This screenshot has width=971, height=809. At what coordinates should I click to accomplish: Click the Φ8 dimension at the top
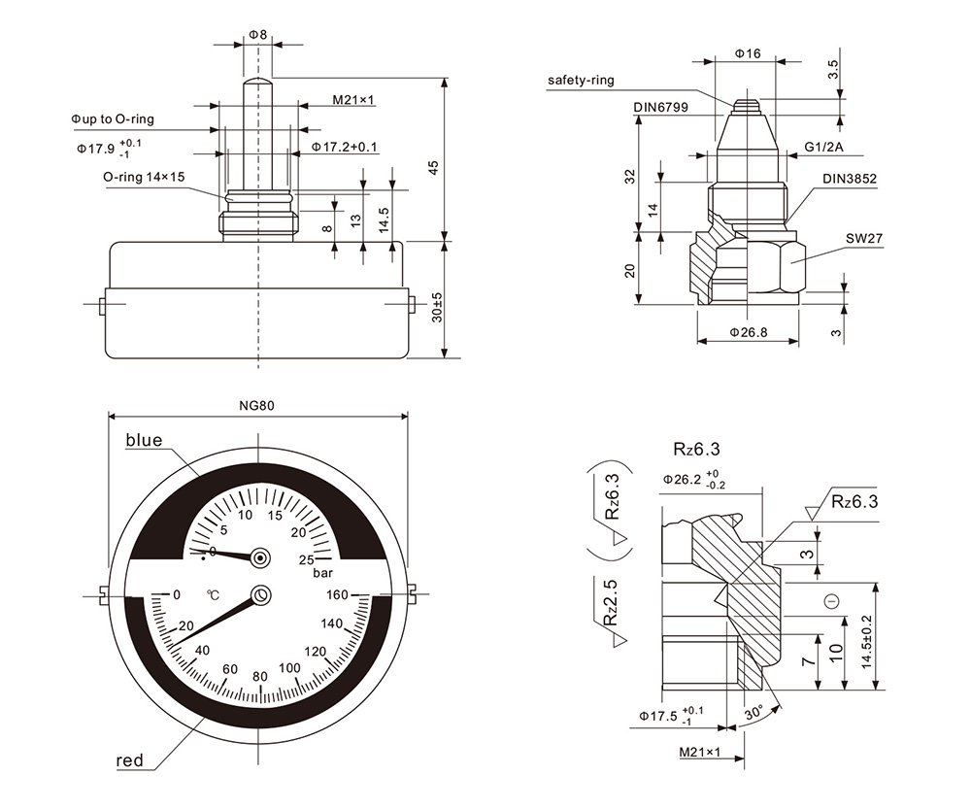[257, 35]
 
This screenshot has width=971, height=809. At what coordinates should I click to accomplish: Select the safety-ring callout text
[581, 80]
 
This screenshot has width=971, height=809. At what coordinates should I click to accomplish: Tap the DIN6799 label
[660, 107]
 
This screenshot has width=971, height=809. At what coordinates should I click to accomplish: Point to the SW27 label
[864, 238]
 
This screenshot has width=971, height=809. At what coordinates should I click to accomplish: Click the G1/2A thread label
[823, 147]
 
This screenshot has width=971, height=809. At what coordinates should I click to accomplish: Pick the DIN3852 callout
[850, 179]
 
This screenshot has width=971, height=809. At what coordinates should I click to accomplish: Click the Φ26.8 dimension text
[748, 332]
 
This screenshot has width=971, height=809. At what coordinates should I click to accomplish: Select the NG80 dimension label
[257, 406]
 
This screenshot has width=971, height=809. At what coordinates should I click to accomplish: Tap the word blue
[145, 440]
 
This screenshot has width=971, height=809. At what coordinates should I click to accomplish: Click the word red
[129, 760]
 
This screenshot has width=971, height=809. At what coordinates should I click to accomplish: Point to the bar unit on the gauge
[322, 573]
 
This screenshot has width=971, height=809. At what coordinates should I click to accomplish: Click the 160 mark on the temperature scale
[338, 594]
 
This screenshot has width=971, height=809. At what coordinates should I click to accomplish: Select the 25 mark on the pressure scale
[307, 560]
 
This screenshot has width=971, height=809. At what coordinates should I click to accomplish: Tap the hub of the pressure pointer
[260, 558]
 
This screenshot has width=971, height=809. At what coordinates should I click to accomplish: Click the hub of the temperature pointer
[260, 595]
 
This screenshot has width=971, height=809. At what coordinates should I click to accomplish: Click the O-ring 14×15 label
[144, 177]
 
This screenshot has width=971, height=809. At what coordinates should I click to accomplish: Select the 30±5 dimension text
[437, 307]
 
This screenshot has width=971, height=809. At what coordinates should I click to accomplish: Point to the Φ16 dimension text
[748, 53]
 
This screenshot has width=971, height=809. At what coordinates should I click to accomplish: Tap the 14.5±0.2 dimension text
[866, 641]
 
